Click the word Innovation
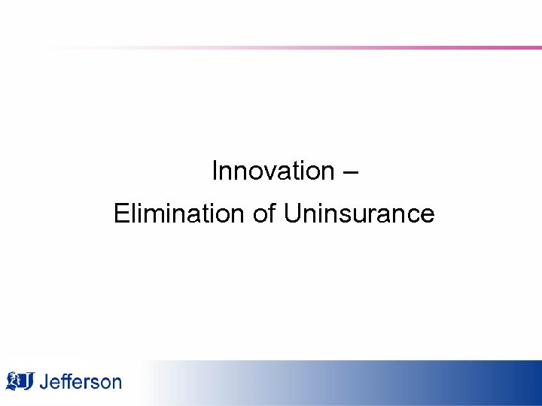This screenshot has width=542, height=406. click(x=273, y=171)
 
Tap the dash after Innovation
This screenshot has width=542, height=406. click(x=350, y=173)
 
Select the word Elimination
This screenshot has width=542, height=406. click(x=179, y=214)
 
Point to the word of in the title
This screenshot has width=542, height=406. click(x=264, y=214)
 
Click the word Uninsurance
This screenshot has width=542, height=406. click(x=359, y=214)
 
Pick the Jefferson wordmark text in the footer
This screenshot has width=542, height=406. click(x=80, y=382)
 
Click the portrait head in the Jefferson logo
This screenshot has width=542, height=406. click(x=13, y=380)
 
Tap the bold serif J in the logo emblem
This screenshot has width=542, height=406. click(x=28, y=382)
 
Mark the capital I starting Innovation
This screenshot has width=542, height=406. click(x=215, y=171)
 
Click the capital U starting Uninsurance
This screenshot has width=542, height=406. click(x=292, y=214)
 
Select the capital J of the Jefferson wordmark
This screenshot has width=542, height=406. click(x=44, y=382)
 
